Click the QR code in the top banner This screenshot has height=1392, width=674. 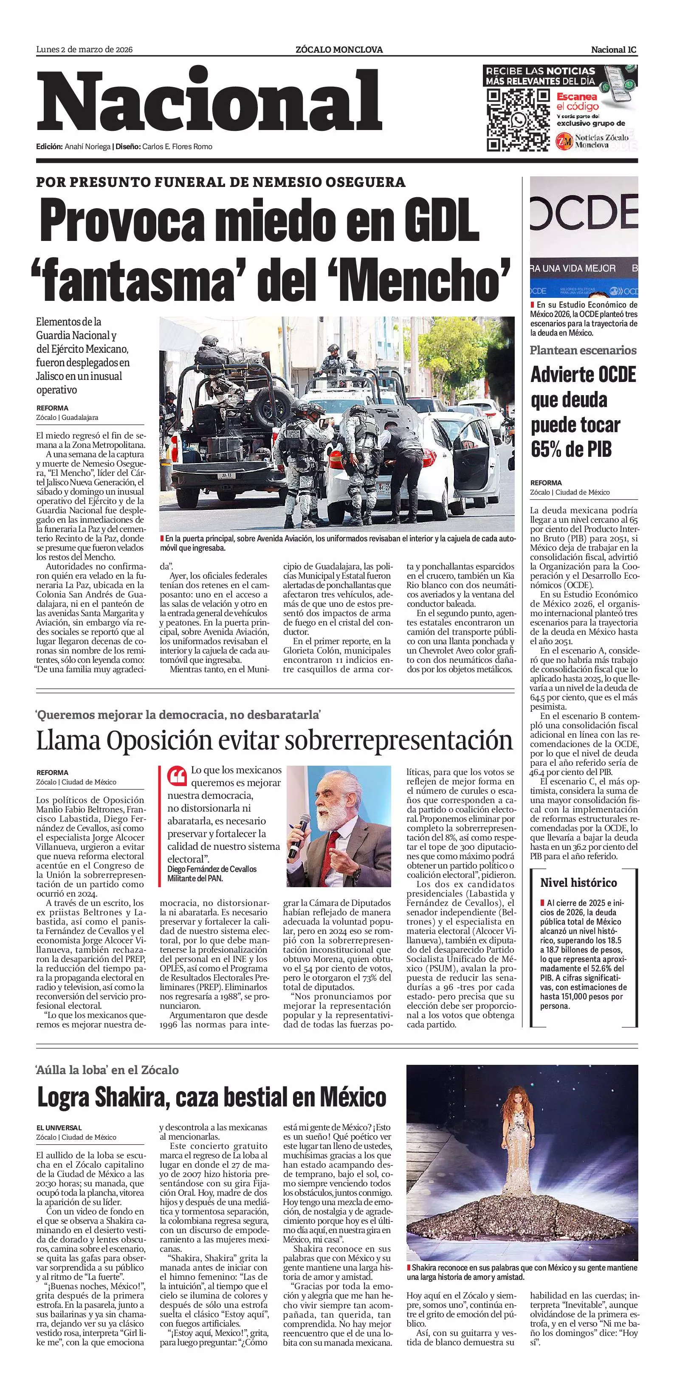pos(517,119)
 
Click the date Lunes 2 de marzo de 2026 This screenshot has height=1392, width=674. pos(84,50)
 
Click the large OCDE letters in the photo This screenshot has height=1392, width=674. pos(583,213)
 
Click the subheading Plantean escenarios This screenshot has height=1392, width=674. pos(583,350)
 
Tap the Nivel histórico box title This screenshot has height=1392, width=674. pos(578,883)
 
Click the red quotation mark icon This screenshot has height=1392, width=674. pos(177,776)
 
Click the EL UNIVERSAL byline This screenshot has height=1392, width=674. pos(59,1128)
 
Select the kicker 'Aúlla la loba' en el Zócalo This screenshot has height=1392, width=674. pos(107,1070)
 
